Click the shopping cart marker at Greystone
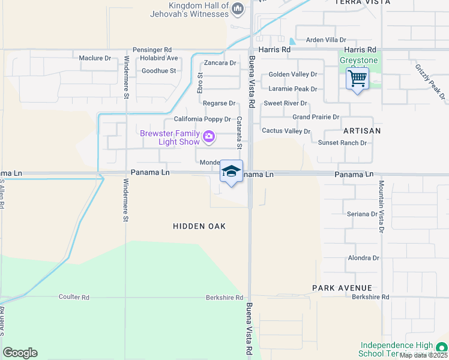357,78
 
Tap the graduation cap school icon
231,172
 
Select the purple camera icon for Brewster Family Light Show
208,137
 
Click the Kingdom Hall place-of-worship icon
238,8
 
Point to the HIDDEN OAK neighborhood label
199,226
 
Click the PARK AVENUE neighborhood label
342,288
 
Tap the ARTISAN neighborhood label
363,130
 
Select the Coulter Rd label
74,297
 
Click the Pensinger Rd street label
152,49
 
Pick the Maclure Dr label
95,58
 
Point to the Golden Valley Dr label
292,74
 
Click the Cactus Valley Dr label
286,131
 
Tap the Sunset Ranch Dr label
342,143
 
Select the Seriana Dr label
361,214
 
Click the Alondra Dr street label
364,258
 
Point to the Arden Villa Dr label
327,40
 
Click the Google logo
20,353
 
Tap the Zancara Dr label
220,62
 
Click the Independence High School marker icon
441,347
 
